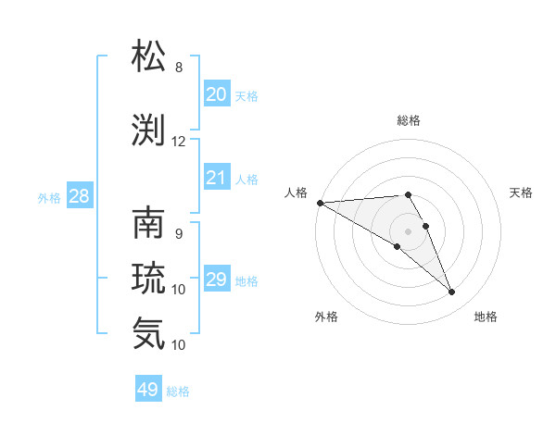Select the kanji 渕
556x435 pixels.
click(149, 130)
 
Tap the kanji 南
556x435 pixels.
click(149, 225)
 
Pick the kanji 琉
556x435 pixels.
click(149, 278)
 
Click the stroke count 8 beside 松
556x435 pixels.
click(178, 68)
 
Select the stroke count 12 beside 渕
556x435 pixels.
click(178, 142)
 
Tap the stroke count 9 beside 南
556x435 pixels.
click(178, 234)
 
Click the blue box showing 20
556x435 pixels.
click(217, 93)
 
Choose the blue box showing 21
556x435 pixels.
click(217, 178)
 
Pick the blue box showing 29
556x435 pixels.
click(217, 280)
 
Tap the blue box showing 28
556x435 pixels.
click(79, 196)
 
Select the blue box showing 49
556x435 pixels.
click(148, 390)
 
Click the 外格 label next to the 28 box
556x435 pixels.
click(49, 197)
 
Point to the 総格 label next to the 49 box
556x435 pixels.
click(178, 391)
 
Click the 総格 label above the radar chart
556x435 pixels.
click(409, 120)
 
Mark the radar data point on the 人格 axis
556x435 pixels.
click(320, 203)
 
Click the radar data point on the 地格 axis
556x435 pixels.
click(452, 292)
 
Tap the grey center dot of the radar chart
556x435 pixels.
click(409, 230)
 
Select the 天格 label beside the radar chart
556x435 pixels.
click(522, 193)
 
